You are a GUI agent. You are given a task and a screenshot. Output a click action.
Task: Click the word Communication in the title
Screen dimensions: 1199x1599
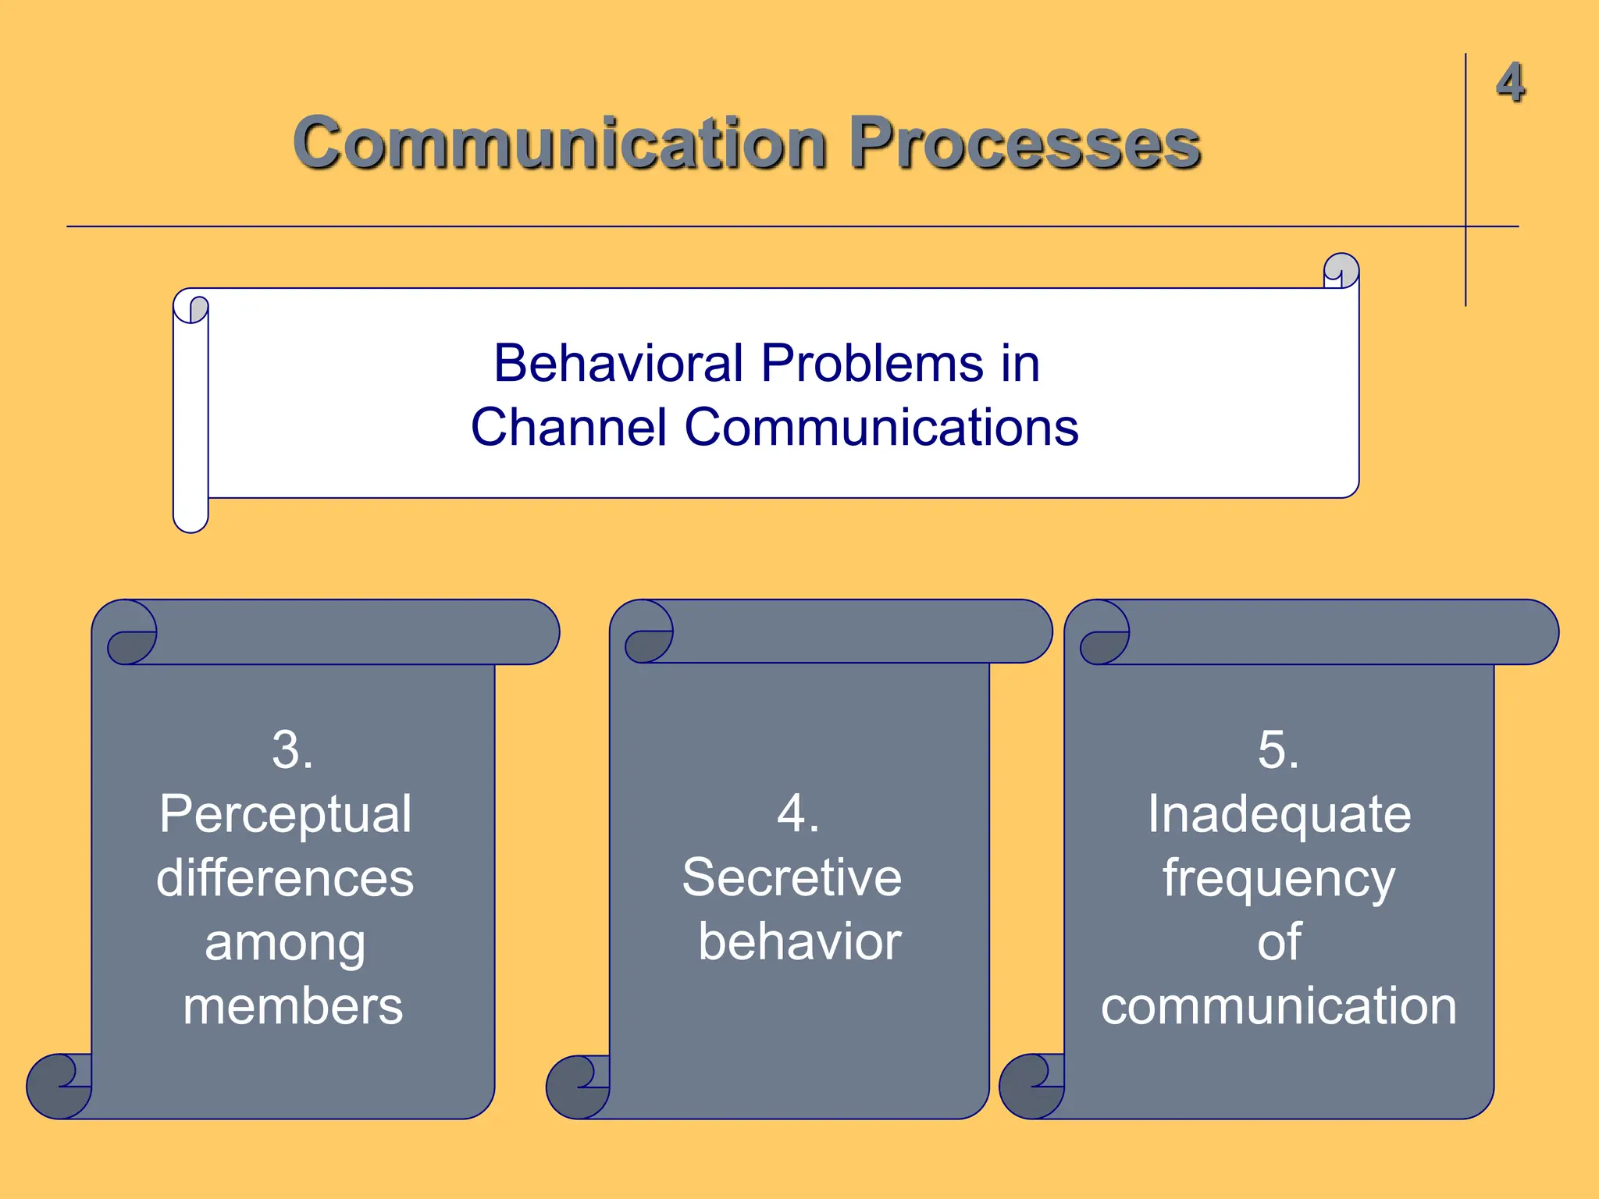point(559,144)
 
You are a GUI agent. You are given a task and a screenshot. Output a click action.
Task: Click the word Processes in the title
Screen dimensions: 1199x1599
point(1024,144)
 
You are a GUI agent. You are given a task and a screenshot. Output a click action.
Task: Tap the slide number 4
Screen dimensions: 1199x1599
point(1510,83)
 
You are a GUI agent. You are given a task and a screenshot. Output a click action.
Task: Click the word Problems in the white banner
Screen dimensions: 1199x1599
point(873,364)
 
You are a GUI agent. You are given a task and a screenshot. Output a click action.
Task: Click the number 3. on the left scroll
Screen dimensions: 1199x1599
point(293,750)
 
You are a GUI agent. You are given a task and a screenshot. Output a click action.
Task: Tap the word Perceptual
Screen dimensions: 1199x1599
point(286,814)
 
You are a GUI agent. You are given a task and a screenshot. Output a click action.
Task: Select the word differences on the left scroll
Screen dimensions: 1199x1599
point(285,878)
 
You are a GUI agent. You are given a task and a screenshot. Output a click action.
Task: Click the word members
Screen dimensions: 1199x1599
point(293,1006)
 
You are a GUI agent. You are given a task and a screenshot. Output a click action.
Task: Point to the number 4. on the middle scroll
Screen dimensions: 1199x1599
point(798,814)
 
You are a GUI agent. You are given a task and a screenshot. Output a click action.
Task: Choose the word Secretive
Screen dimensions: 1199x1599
point(792,877)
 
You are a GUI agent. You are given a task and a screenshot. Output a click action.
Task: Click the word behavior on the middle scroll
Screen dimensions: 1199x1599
point(799,942)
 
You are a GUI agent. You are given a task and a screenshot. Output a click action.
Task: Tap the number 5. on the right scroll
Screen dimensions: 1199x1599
point(1278,750)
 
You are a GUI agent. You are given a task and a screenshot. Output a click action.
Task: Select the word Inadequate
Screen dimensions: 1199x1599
point(1279,814)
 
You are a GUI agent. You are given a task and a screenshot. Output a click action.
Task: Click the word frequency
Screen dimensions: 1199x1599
point(1279,878)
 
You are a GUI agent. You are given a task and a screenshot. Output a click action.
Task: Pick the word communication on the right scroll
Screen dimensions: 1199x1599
point(1279,1006)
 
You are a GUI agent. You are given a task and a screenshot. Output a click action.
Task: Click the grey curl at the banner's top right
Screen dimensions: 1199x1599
point(1342,269)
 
